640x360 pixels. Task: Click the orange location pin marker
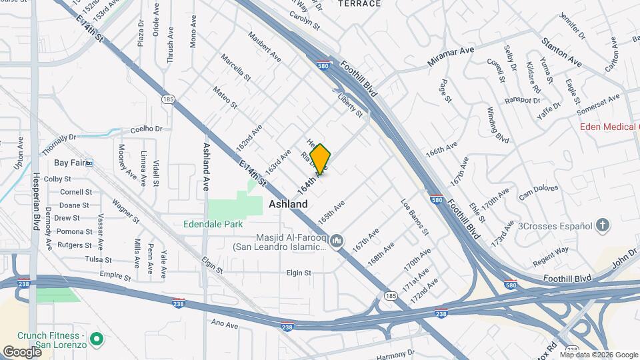pyautogui.click(x=321, y=159)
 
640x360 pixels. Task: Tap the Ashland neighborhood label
pyautogui.click(x=288, y=205)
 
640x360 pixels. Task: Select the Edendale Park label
pyautogui.click(x=213, y=225)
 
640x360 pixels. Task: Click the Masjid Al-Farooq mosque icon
pyautogui.click(x=337, y=239)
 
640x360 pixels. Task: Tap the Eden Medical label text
pyautogui.click(x=608, y=126)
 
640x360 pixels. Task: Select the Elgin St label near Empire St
pyautogui.click(x=299, y=273)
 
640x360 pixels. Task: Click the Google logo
pyautogui.click(x=21, y=351)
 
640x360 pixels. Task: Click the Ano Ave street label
pyautogui.click(x=224, y=325)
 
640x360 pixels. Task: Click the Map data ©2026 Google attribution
pyautogui.click(x=598, y=355)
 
